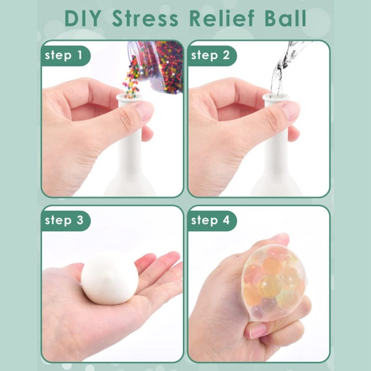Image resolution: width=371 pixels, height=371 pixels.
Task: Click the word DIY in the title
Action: point(83,18)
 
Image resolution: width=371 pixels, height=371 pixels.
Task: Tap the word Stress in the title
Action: point(145,18)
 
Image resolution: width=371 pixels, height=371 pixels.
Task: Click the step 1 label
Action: point(64,56)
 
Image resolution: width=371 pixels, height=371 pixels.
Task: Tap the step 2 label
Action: point(210,56)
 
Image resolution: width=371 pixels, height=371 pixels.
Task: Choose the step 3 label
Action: point(64,221)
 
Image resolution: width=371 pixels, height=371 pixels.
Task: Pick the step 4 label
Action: point(210,221)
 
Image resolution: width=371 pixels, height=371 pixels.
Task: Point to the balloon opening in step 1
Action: point(129,96)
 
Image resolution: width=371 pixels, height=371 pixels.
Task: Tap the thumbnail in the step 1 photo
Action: point(144,111)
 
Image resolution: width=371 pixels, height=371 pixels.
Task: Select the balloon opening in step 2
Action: point(275,96)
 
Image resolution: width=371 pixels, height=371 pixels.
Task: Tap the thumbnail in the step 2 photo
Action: point(291,111)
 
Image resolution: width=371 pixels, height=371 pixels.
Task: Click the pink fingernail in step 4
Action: point(258,331)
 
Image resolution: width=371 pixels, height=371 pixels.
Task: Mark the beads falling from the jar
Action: point(131,77)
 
